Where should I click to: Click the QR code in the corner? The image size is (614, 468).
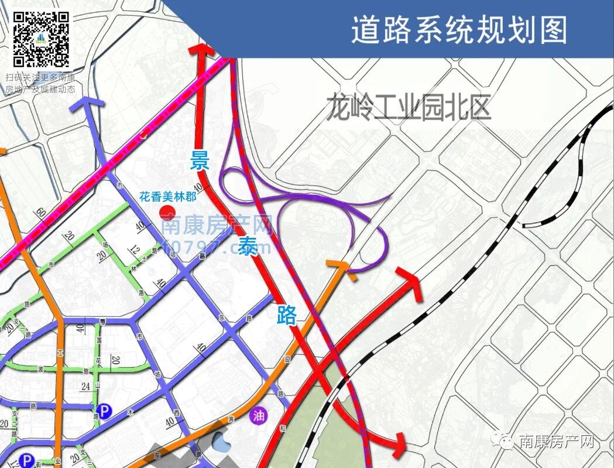[x=41, y=39]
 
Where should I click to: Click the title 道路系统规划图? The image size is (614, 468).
[x=459, y=29]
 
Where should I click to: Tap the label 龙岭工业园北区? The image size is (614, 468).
[x=408, y=107]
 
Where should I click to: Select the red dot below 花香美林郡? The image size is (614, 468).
[x=166, y=211]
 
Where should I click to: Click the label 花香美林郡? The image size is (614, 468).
[x=167, y=197]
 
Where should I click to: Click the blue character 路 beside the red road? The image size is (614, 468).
[x=287, y=315]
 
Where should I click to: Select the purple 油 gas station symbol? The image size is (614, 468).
[x=258, y=416]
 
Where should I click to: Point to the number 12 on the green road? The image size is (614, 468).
[x=135, y=250]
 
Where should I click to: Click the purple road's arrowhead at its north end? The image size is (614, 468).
[x=88, y=106]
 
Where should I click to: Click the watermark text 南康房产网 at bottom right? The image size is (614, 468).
[x=556, y=442]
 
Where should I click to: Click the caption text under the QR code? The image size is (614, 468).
[x=40, y=83]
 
